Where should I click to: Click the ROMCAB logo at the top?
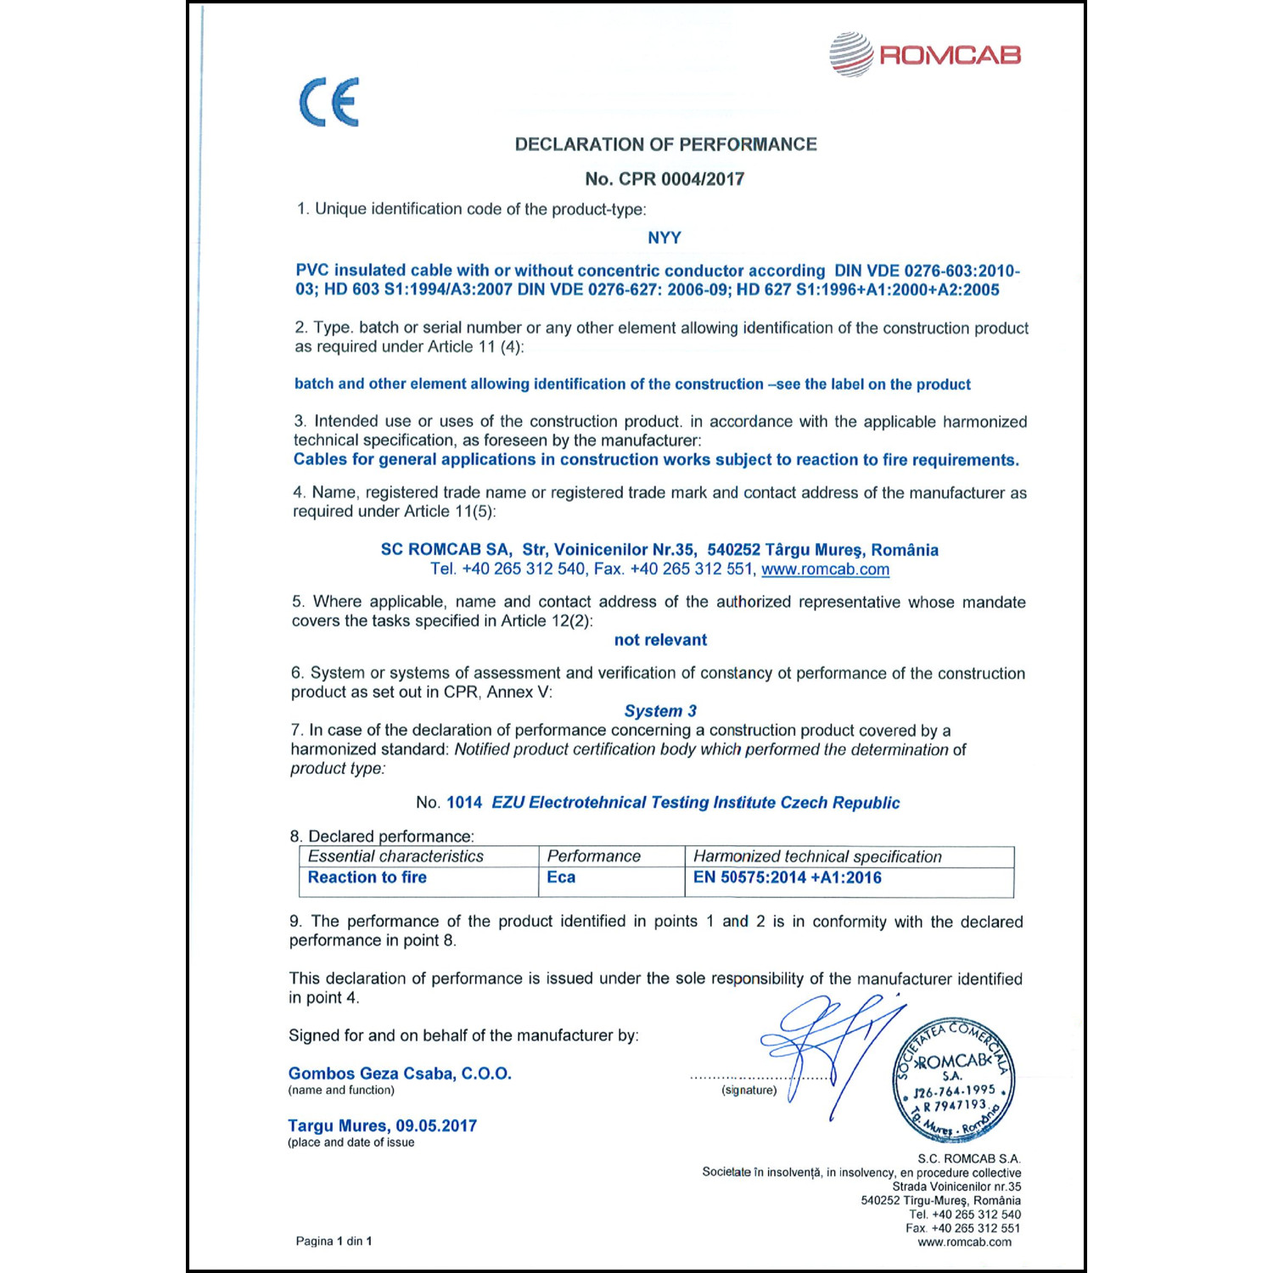click(x=925, y=55)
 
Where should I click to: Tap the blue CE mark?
click(x=329, y=102)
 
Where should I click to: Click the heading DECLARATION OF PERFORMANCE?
click(x=665, y=144)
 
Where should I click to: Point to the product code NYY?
click(x=664, y=238)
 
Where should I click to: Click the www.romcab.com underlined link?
click(x=825, y=569)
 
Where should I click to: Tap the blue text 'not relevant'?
click(x=660, y=640)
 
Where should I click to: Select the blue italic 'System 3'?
click(x=660, y=711)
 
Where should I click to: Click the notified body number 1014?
click(x=464, y=803)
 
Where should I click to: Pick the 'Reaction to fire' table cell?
click(x=367, y=878)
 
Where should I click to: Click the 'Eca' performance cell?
click(x=561, y=878)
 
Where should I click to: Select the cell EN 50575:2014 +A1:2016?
click(x=787, y=878)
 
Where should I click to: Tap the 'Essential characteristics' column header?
click(x=395, y=856)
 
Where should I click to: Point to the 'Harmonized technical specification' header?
click(x=817, y=857)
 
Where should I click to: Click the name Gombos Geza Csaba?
click(x=371, y=1074)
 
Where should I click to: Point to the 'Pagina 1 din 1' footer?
click(x=334, y=1241)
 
